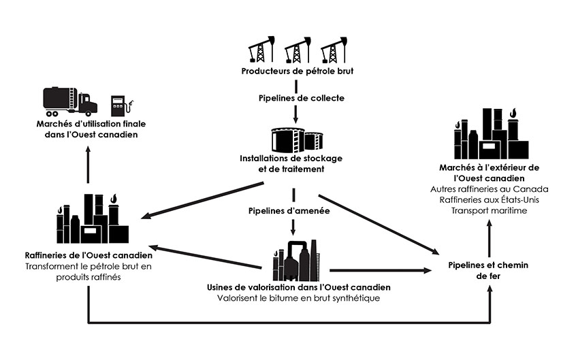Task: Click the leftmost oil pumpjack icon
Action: (x=259, y=49)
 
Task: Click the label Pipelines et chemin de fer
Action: (x=489, y=270)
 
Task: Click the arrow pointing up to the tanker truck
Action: (x=88, y=167)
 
